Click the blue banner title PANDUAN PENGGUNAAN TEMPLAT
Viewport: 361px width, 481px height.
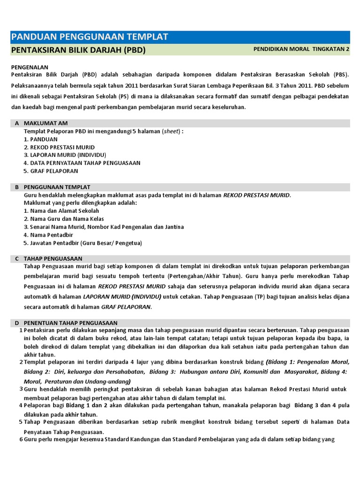(89, 37)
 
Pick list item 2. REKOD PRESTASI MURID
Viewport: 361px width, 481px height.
(59, 147)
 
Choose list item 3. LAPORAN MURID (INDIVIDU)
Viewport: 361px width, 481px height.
(64, 155)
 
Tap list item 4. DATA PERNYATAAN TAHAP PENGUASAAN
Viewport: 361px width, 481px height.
(82, 163)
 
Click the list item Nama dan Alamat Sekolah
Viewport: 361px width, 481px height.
(61, 211)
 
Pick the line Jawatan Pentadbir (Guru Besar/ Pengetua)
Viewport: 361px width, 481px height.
(83, 243)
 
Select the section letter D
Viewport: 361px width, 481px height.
(17, 323)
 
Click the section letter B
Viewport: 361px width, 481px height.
(17, 187)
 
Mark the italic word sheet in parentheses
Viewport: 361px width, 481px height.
(171, 131)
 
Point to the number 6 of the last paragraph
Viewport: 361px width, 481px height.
(21, 440)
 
